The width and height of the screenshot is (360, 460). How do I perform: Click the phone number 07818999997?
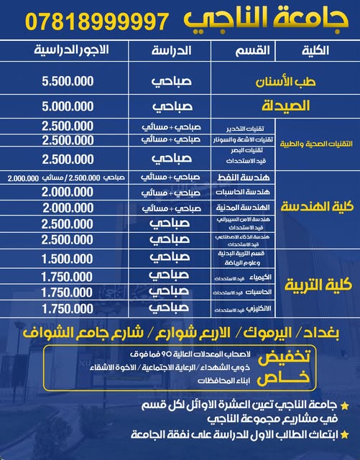[x=91, y=22]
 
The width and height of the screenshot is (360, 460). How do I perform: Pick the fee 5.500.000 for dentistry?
[x=68, y=81]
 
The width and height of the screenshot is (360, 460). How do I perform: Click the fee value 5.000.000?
[x=68, y=106]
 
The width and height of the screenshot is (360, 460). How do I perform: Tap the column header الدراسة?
[x=170, y=51]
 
